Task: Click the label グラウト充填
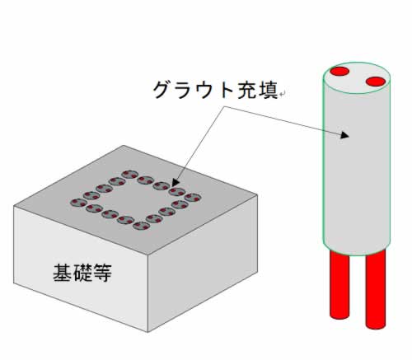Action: (216, 90)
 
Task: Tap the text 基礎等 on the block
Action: (82, 273)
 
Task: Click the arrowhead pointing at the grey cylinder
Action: (344, 135)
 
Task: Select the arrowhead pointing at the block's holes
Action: (176, 182)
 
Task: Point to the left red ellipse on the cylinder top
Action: (339, 71)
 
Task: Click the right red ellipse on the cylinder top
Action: (376, 82)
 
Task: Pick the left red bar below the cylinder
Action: (339, 285)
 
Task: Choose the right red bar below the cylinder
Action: (376, 289)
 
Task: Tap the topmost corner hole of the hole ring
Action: (129, 175)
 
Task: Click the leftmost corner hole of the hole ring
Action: (78, 203)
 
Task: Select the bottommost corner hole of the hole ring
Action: (141, 226)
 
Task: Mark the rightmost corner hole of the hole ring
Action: (193, 198)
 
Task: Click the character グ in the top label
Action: (162, 90)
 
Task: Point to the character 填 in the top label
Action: (269, 90)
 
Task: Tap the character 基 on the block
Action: (63, 273)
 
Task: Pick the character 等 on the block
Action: (102, 273)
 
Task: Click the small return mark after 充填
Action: (283, 95)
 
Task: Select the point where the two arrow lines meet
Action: (224, 107)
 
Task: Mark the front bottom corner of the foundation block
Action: (148, 332)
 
